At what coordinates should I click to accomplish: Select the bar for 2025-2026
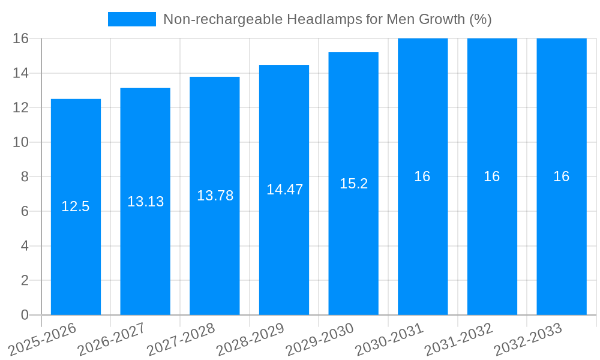pyautogui.click(x=76, y=240)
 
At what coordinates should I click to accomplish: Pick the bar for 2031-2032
pyautogui.click(x=492, y=240)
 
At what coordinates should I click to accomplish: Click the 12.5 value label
pyautogui.click(x=76, y=206)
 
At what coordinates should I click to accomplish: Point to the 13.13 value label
pyautogui.click(x=145, y=202)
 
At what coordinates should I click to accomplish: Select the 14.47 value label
pyautogui.click(x=284, y=190)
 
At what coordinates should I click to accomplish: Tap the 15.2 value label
pyautogui.click(x=353, y=184)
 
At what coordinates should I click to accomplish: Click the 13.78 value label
pyautogui.click(x=215, y=196)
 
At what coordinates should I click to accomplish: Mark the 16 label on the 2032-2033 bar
pyautogui.click(x=562, y=176)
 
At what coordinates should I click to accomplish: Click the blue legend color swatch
pyautogui.click(x=131, y=19)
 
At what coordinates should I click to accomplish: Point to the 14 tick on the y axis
pyautogui.click(x=21, y=73)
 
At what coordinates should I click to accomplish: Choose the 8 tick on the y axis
pyautogui.click(x=25, y=177)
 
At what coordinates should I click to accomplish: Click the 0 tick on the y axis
pyautogui.click(x=25, y=315)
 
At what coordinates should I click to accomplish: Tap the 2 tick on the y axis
pyautogui.click(x=25, y=280)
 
